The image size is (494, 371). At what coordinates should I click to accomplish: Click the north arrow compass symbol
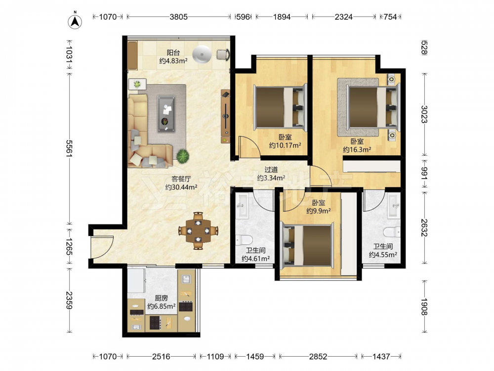[x=75, y=20]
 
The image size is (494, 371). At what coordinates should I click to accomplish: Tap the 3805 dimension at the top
[x=179, y=17]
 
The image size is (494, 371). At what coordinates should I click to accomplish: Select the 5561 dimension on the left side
[x=69, y=148]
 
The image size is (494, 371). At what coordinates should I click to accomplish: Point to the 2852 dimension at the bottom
[x=318, y=357]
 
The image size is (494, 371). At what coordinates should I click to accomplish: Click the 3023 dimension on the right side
[x=424, y=114]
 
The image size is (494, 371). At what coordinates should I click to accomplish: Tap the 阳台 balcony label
[x=173, y=52]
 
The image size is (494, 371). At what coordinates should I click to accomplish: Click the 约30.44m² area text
[x=181, y=187]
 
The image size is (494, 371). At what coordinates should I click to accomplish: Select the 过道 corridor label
[x=271, y=170]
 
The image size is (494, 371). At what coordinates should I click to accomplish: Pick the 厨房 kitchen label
[x=162, y=298]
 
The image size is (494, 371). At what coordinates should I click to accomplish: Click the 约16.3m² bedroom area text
[x=357, y=149]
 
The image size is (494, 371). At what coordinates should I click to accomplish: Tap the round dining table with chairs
[x=198, y=231]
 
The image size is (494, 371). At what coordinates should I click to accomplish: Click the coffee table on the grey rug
[x=166, y=114]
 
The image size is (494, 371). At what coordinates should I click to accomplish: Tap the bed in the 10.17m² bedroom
[x=280, y=107]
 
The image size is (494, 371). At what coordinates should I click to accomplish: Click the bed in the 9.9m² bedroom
[x=307, y=245]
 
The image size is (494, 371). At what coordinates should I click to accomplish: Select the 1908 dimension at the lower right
[x=424, y=307]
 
